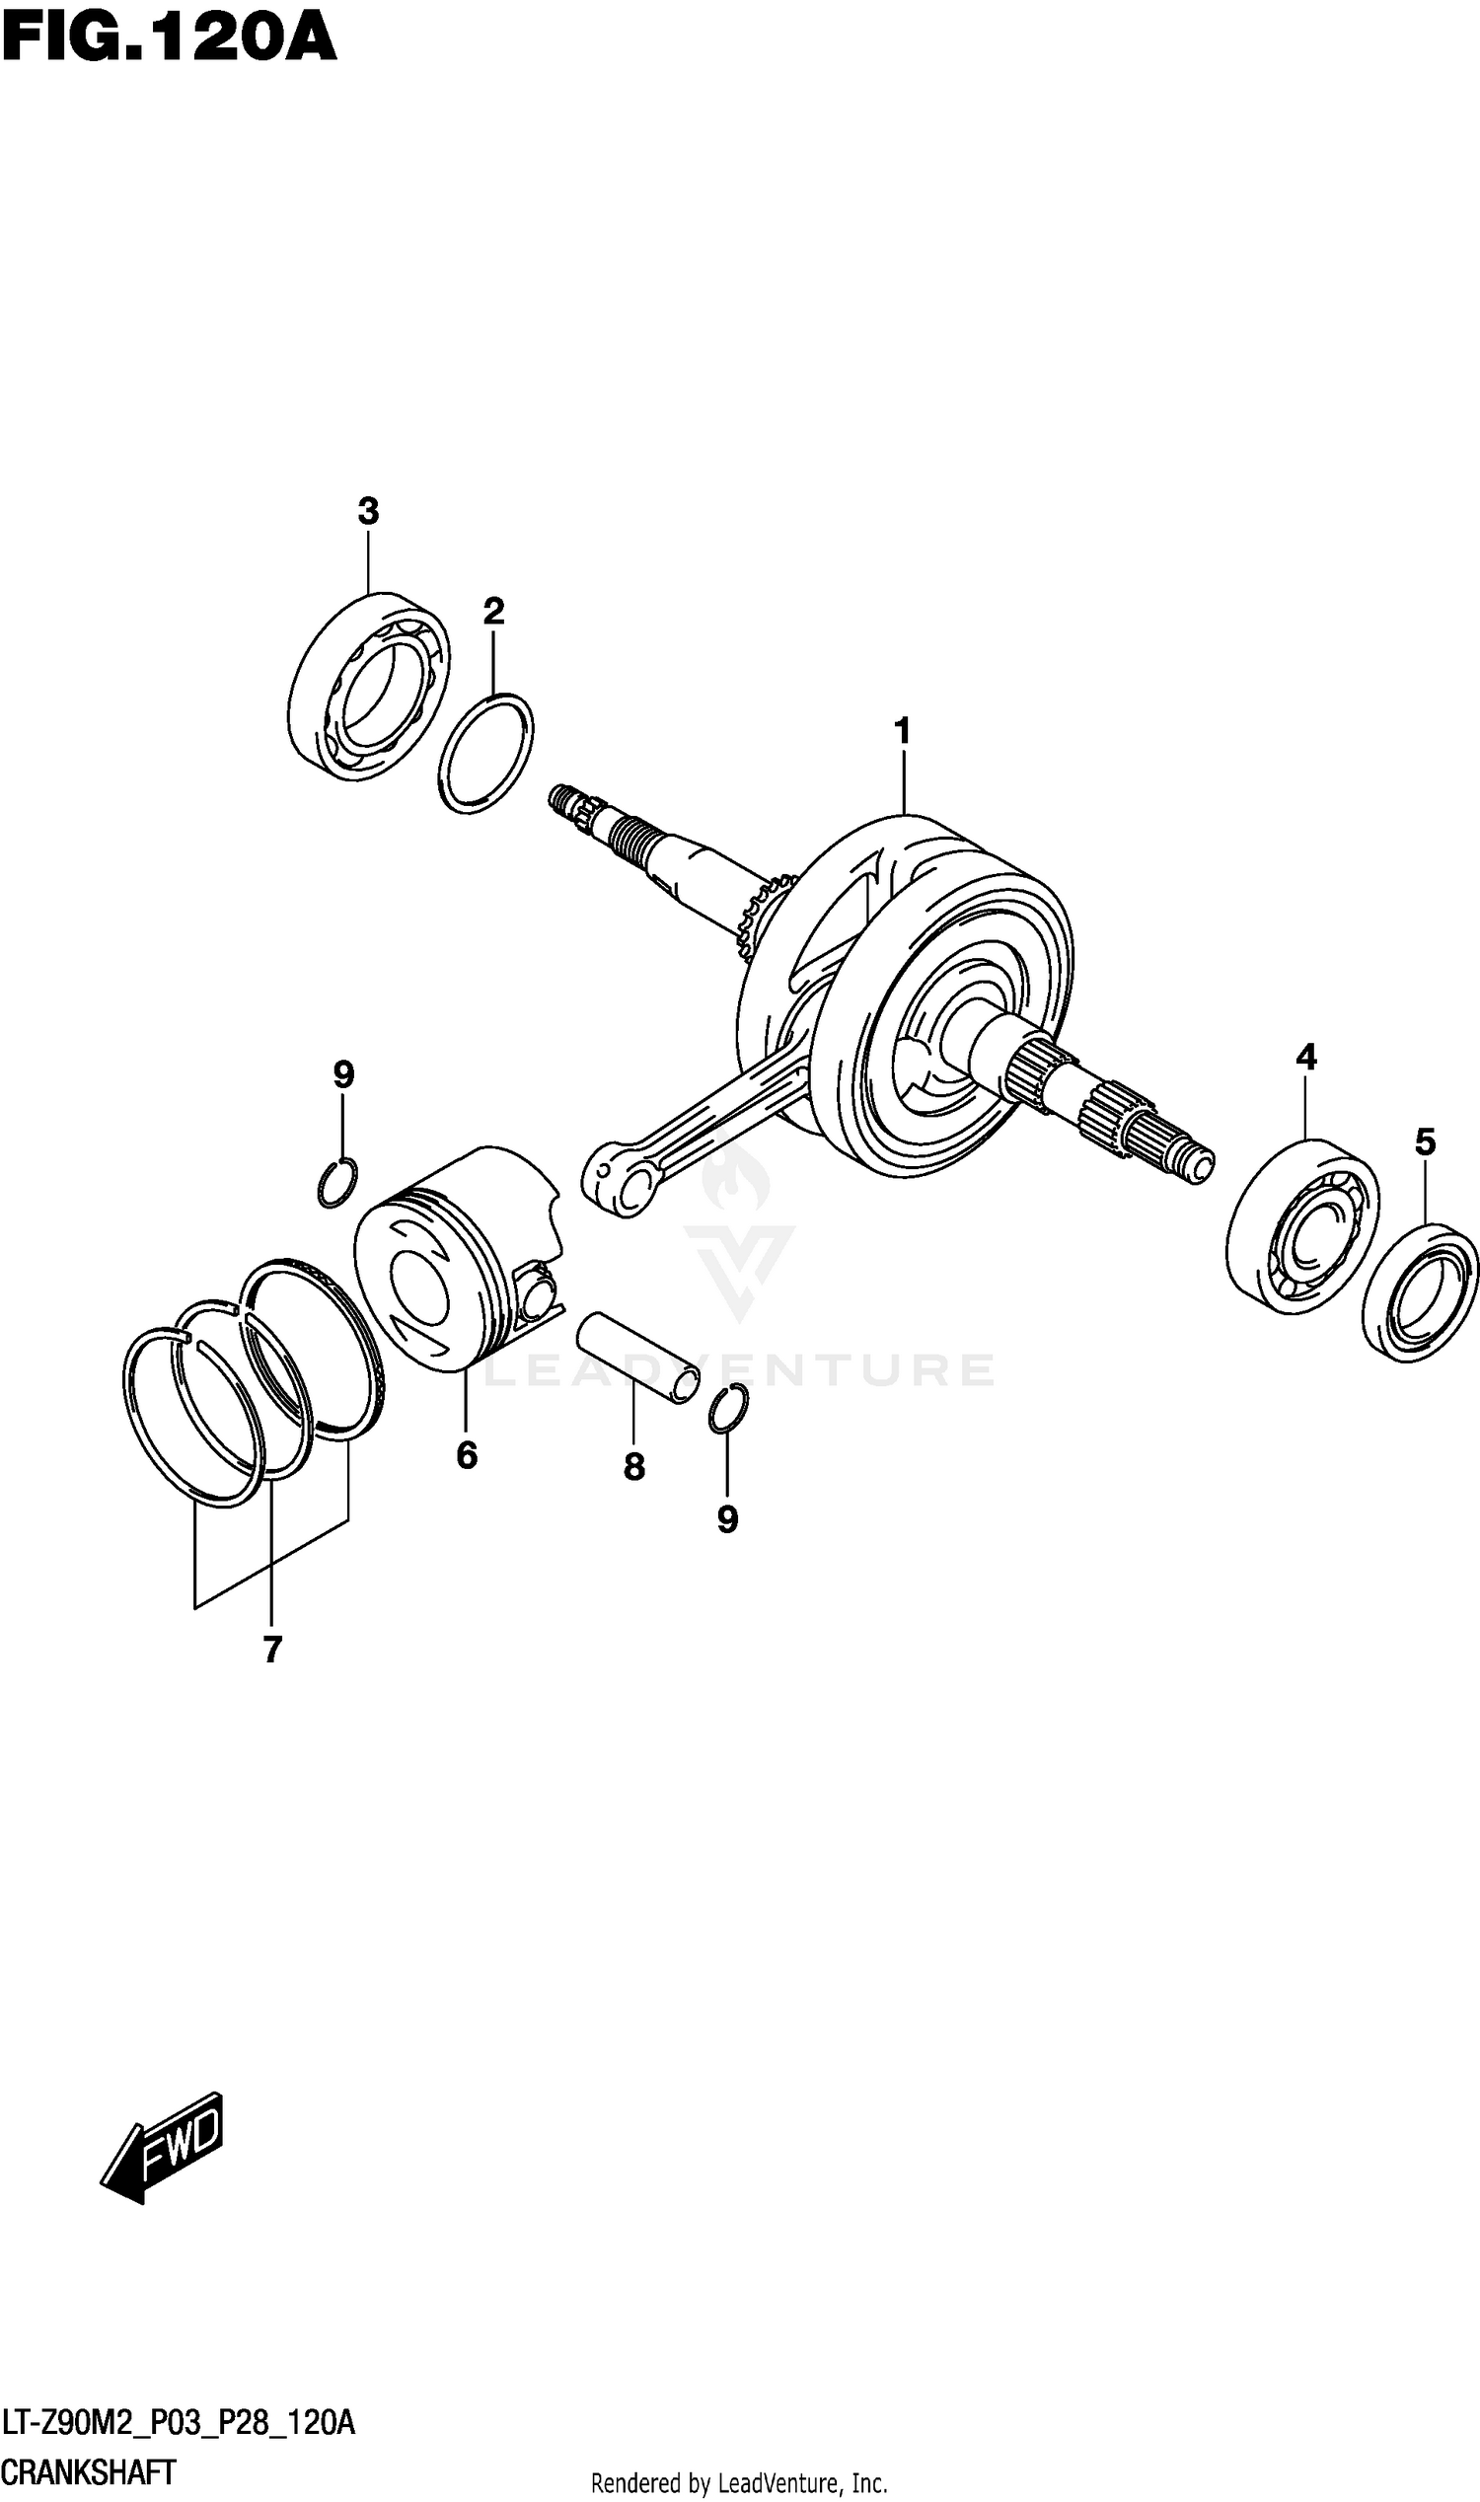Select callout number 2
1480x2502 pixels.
(493, 612)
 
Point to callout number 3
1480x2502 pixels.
(368, 512)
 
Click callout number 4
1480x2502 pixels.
(1305, 1057)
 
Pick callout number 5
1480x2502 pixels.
(1425, 1141)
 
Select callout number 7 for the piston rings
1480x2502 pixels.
(272, 1651)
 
